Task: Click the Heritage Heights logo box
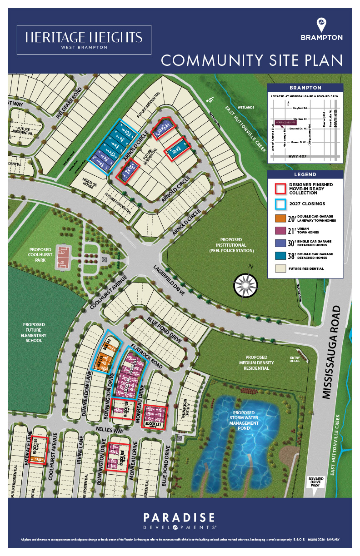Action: coord(84,40)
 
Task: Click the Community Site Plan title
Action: coord(252,60)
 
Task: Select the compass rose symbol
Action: coord(245,285)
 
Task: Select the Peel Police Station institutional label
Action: coord(231,245)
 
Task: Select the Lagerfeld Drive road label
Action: coord(169,280)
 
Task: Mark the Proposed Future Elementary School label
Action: coord(35,333)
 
